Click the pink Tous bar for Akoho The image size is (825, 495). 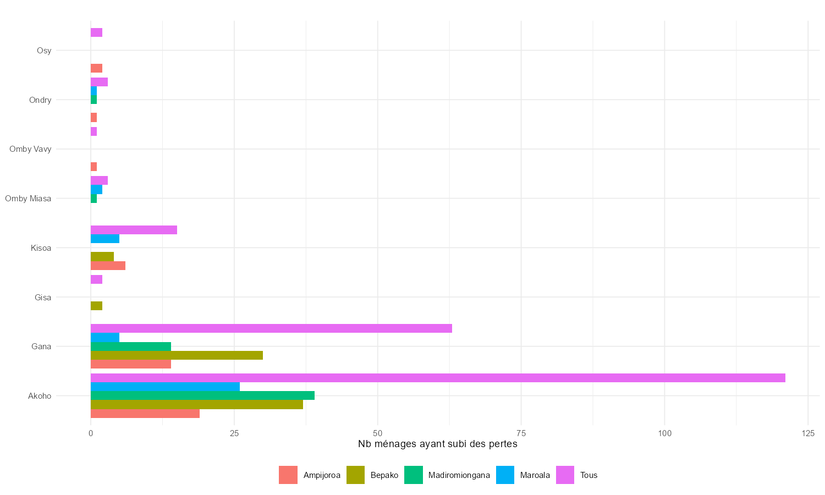pos(438,378)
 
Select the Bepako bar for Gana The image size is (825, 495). pos(177,355)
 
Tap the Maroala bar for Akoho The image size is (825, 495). pos(165,387)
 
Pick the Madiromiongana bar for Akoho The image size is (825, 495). pos(202,395)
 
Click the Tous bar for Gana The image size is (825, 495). pos(271,328)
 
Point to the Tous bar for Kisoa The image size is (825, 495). pos(134,230)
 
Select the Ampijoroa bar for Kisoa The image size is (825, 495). pos(108,266)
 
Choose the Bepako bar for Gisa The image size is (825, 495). pos(96,306)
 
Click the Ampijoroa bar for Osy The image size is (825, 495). pos(96,68)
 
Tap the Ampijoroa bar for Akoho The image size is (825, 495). pos(145,414)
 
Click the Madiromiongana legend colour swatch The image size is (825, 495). pos(414,475)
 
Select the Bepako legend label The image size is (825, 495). pos(384,475)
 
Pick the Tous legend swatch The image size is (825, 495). pos(565,475)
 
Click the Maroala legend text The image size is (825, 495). pos(535,475)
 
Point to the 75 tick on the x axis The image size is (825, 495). pos(521,433)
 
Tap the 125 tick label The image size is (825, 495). pos(807,433)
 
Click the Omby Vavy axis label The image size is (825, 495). pos(30,149)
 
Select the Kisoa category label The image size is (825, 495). pos(41,248)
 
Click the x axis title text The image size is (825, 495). pos(438,444)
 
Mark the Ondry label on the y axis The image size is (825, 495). pos(40,100)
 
